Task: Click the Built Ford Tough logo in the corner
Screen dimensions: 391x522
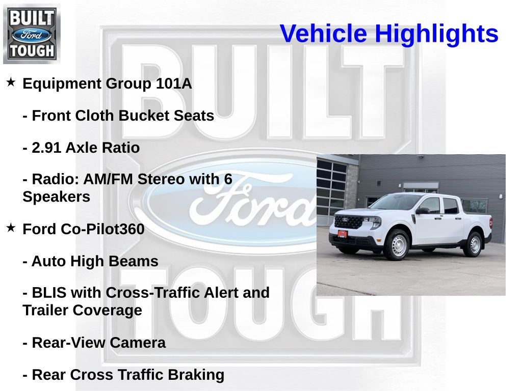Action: click(x=32, y=34)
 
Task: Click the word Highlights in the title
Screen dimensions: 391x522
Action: click(x=436, y=34)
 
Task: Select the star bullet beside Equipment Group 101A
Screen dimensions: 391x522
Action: click(x=11, y=82)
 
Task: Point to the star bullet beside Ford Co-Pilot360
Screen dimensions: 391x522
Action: click(x=11, y=228)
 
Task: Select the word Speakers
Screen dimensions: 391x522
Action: click(x=56, y=197)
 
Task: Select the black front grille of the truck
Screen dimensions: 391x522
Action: click(x=349, y=222)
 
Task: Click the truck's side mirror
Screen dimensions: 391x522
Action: click(x=423, y=210)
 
